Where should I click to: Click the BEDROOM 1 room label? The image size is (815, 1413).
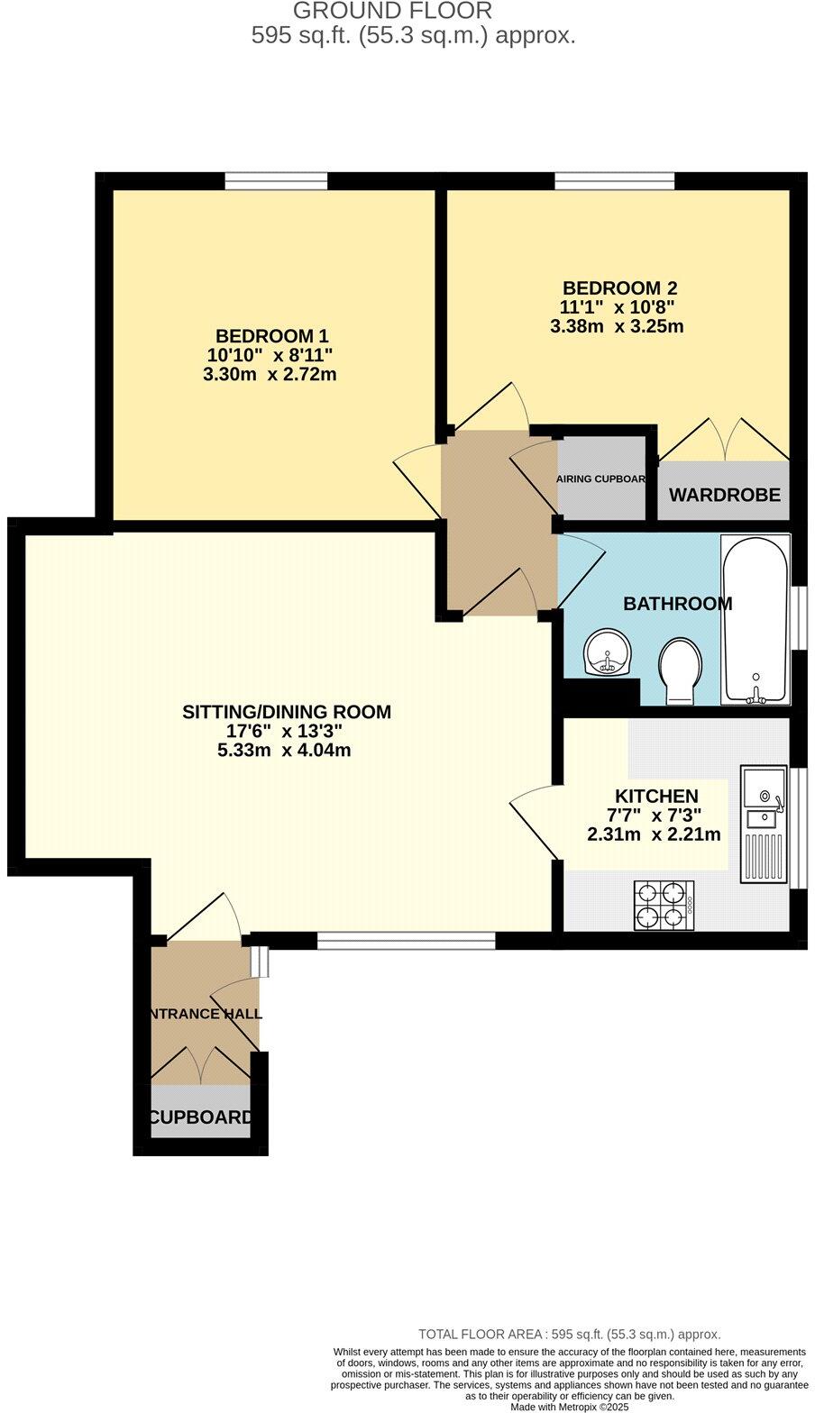pos(270,335)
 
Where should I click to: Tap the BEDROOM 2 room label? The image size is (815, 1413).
pos(619,288)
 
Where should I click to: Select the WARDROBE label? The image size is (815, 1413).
pos(724,496)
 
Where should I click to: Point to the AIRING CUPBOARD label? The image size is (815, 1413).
pos(601,479)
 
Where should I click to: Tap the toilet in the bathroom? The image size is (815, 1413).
pos(680,671)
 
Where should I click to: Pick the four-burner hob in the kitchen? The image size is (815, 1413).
pos(664,905)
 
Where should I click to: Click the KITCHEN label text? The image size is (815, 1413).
pos(656,797)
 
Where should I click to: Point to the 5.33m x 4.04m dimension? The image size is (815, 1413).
pos(284,751)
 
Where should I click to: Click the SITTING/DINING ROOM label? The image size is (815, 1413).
pos(287,712)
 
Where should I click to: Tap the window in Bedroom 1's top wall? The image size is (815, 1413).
pos(276,182)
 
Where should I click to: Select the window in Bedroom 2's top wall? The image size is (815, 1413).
pos(614,182)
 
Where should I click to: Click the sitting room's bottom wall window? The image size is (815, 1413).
pos(406,941)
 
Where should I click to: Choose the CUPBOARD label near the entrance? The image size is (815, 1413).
pos(201,1118)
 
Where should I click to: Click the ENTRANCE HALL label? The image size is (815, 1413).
pos(203,1014)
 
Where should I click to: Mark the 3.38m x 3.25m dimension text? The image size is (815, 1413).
pos(617,326)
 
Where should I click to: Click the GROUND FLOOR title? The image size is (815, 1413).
pos(393,12)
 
